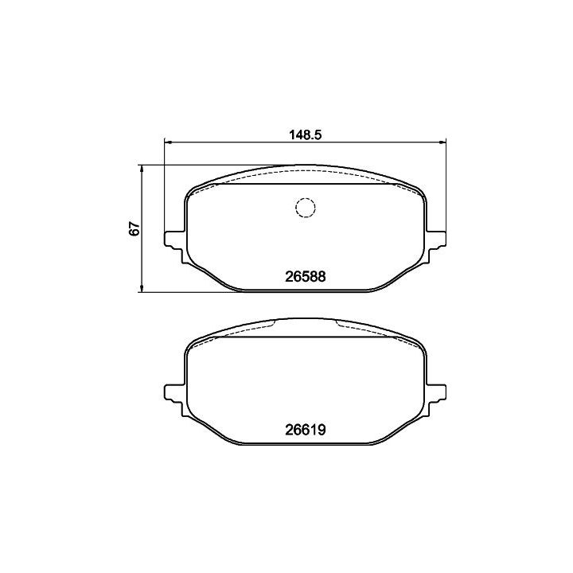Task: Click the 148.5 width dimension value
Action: tap(305, 134)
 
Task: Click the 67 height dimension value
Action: tap(134, 228)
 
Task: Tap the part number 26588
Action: tap(305, 277)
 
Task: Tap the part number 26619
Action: tap(305, 430)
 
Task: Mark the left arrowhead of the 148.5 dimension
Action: tap(167, 142)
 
